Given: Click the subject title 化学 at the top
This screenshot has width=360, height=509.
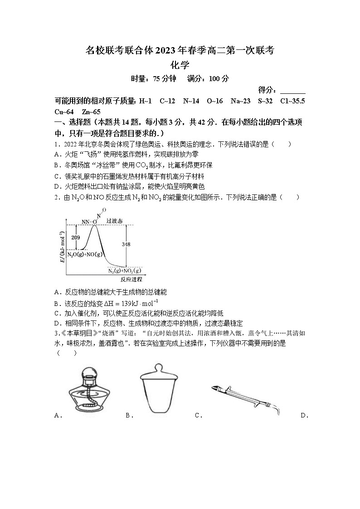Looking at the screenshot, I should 180,65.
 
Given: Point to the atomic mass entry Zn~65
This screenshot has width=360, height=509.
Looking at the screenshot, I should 91,111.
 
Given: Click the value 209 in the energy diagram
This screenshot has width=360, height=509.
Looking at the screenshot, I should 76,238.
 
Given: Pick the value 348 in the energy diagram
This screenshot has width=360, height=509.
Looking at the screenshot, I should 126,245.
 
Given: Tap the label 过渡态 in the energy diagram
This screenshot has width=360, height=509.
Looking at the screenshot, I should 114,221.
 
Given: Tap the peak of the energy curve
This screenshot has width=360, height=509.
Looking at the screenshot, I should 94,225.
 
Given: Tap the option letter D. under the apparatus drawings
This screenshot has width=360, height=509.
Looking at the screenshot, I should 304,415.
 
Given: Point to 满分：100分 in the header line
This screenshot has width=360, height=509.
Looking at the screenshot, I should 208,79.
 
